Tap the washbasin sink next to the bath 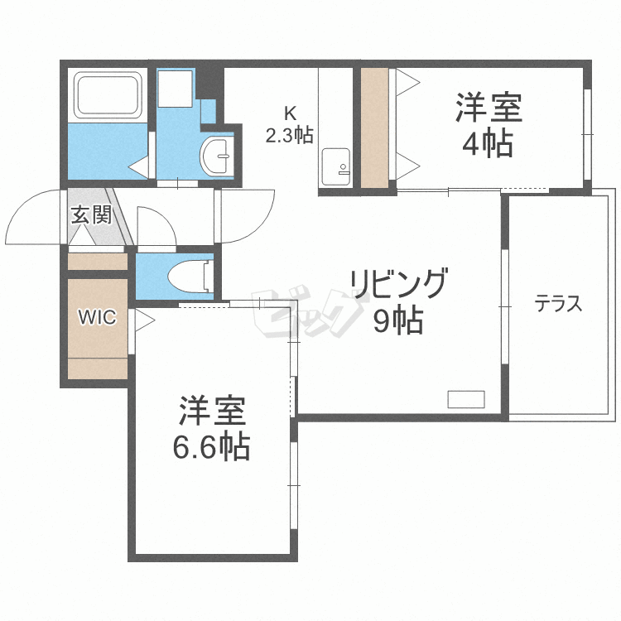tap(218, 153)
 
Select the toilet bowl tap(185, 276)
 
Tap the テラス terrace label tap(558, 304)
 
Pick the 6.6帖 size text tap(211, 447)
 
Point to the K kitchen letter tap(289, 113)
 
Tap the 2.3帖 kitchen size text tap(289, 134)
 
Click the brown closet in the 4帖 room tap(373, 126)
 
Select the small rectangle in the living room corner tap(466, 398)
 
